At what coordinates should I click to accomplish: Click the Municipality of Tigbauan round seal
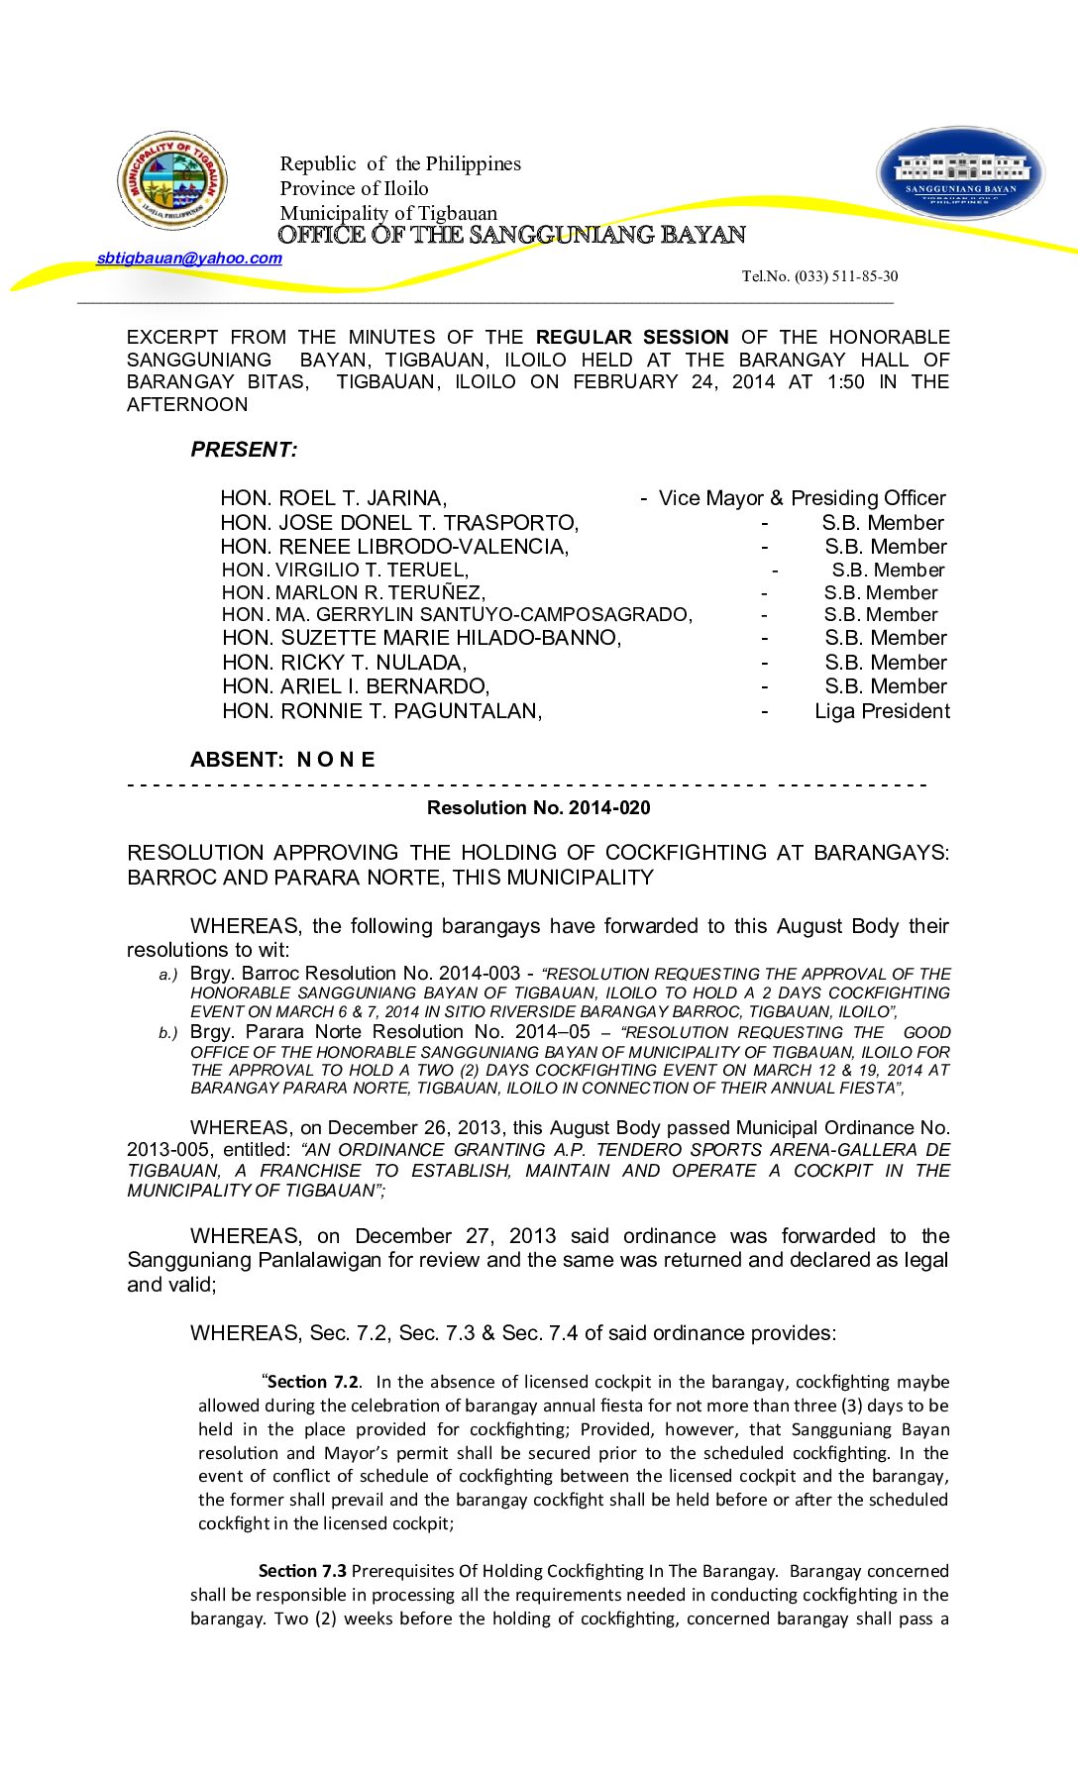pos(172,181)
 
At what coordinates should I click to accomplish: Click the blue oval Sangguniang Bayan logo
pos(960,173)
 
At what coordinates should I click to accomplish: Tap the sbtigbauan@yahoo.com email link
pos(189,259)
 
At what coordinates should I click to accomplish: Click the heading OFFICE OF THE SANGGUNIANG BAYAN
pos(511,235)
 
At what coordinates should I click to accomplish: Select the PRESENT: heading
pos(244,450)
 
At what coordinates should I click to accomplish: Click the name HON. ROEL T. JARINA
pos(334,498)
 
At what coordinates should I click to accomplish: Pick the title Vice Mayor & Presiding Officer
pos(802,498)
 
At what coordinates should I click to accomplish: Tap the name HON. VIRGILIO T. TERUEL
pos(345,570)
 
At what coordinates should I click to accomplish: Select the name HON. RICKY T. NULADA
pos(344,663)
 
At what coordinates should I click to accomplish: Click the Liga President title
pos(882,711)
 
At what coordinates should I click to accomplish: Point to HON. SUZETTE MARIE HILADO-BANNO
pos(421,638)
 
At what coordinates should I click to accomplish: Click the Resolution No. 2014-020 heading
pos(538,808)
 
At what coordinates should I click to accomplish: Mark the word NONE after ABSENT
pos(336,760)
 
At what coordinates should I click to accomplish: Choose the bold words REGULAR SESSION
pos(632,338)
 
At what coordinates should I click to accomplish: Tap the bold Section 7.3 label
pos(302,1571)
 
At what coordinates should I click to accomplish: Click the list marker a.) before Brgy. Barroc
pos(168,976)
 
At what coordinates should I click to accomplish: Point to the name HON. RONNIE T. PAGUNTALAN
pos(381,711)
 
